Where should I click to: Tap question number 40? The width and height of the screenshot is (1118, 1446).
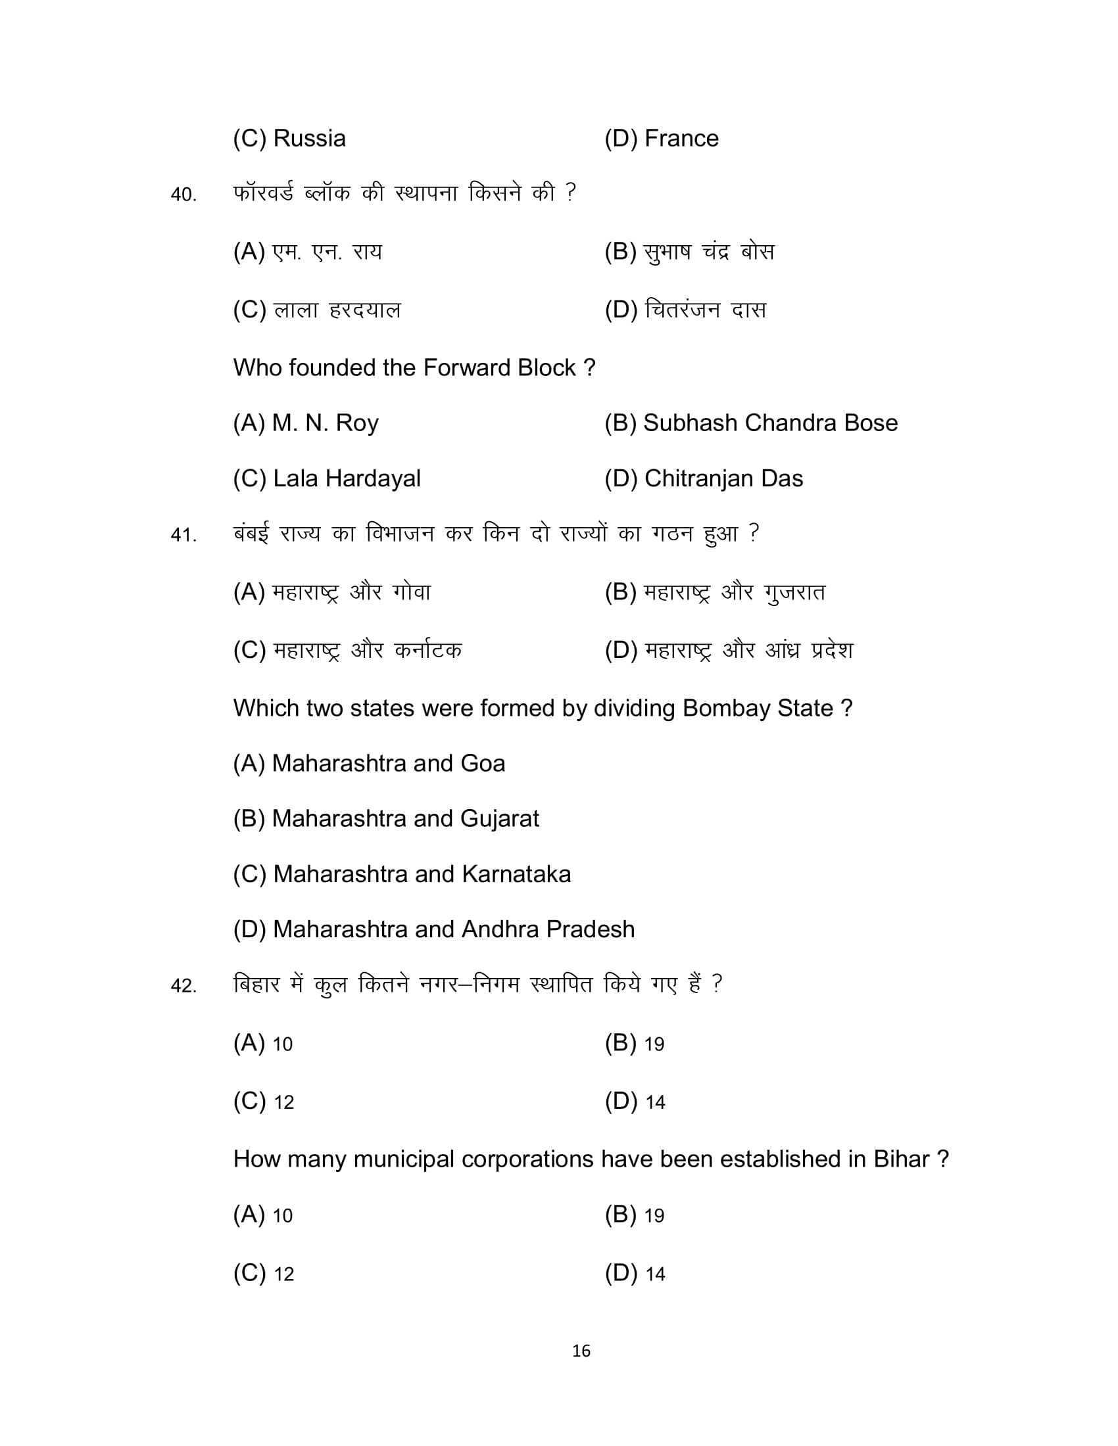pos(183,195)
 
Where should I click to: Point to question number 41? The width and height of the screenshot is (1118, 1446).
pos(183,534)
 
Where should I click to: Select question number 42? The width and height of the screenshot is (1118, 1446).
pos(183,987)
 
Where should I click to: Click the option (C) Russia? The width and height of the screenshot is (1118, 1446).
pos(289,139)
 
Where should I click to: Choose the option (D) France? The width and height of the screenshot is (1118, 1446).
pos(661,139)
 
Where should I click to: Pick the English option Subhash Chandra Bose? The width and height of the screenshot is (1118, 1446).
pos(750,423)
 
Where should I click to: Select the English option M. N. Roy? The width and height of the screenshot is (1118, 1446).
pos(305,423)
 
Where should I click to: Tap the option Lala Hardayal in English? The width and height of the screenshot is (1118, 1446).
pos(327,478)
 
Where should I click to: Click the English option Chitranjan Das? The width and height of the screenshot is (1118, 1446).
pos(704,478)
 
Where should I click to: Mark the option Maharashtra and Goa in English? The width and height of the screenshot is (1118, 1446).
pos(369,763)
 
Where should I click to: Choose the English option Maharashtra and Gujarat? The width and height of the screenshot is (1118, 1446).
pos(385,819)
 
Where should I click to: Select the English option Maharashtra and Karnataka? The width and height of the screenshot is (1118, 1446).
pos(401,875)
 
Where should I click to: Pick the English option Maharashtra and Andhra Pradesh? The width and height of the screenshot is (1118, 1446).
pos(433,929)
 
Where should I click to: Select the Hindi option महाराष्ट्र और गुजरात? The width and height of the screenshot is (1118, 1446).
pos(715,593)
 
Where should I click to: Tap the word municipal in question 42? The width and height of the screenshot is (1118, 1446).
pos(404,1159)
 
